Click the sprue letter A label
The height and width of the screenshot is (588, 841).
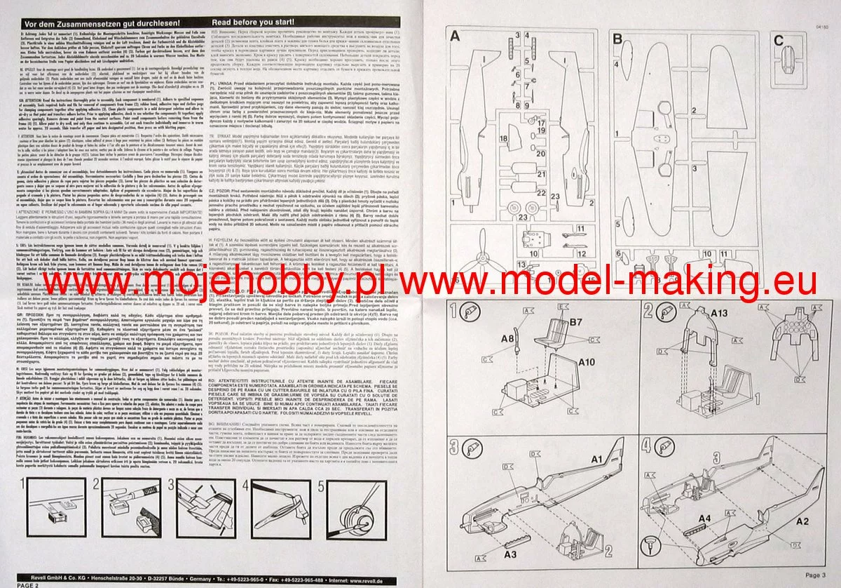tap(456, 36)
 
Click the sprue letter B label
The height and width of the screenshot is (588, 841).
tap(618, 37)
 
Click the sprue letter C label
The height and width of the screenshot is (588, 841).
tap(779, 40)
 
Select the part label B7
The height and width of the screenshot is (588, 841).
tap(576, 323)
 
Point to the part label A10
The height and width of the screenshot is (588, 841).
tap(589, 362)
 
